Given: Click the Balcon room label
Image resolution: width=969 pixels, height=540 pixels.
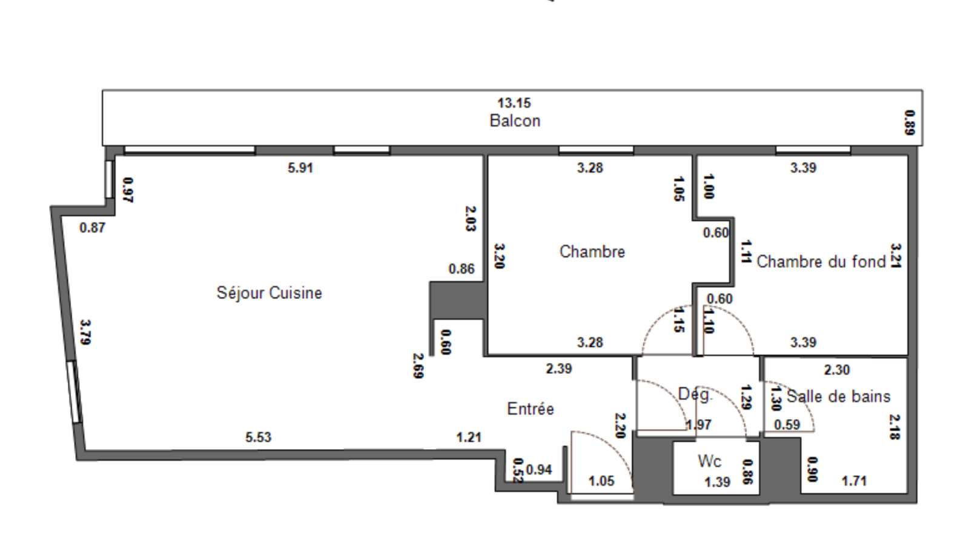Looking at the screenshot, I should point(515,121).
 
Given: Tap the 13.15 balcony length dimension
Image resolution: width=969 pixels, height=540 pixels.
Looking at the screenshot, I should point(514,103).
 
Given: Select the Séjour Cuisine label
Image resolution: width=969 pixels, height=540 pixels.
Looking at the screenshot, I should point(270,293).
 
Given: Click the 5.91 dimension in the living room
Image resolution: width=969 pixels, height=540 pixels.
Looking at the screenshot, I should point(300,168).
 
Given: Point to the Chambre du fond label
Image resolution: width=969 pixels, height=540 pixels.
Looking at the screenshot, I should point(821,262).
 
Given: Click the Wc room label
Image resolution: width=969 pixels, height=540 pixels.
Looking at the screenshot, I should point(709,461).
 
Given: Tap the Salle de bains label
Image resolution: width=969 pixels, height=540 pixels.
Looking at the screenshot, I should point(839,396).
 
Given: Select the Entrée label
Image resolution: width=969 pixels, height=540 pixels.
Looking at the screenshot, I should point(531,409).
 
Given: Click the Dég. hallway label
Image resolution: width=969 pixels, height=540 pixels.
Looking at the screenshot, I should point(694,395).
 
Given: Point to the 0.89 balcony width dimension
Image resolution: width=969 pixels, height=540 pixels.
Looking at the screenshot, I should point(909,122).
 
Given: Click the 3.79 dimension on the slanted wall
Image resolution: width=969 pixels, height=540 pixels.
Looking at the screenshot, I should point(85,332).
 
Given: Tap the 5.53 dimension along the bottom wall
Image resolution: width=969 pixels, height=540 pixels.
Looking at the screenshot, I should point(259,437).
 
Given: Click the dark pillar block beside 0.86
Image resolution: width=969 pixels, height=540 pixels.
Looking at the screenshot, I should point(457,300).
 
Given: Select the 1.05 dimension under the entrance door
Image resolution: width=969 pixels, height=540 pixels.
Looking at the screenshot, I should point(601,481).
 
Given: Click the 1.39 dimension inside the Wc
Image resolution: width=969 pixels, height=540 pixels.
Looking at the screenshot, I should point(717,482).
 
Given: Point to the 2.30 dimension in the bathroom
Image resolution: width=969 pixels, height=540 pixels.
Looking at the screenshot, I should point(836,370).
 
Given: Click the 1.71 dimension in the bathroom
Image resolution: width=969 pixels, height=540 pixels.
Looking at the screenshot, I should point(854,481).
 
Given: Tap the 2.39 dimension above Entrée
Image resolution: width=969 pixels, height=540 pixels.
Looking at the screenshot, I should point(558,368).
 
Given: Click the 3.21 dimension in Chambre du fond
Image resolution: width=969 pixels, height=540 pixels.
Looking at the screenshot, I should point(896,255).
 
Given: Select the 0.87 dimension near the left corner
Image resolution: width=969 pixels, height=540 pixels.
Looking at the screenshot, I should point(92,228).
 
